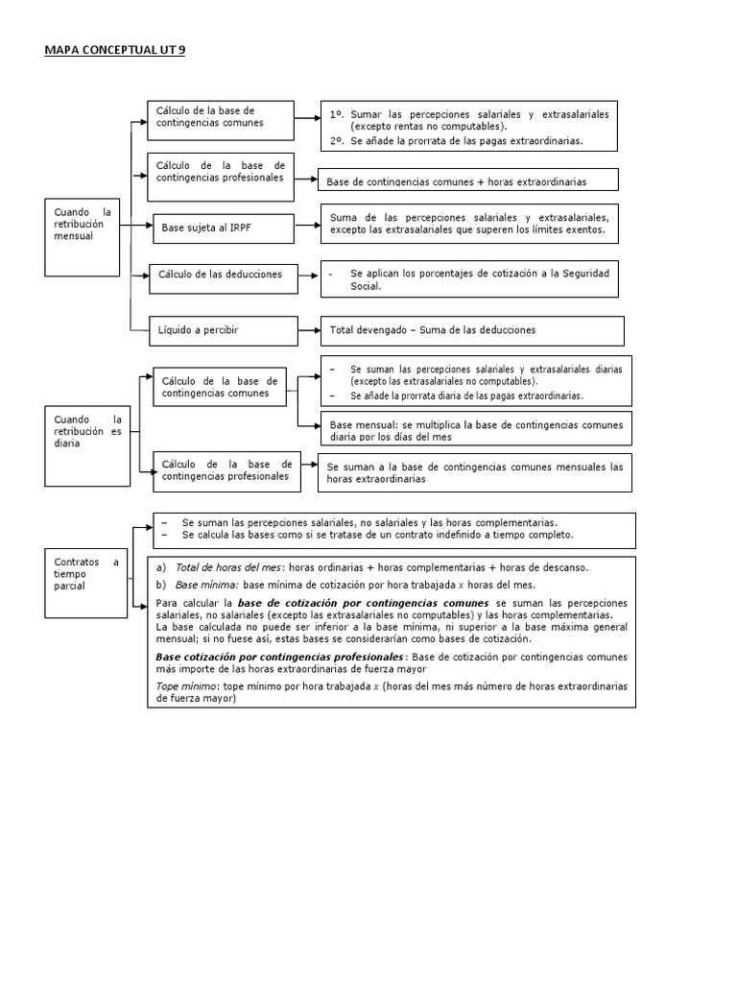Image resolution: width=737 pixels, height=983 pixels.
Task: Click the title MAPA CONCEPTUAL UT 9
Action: (x=114, y=49)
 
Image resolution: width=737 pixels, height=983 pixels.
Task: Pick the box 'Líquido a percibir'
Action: (x=222, y=329)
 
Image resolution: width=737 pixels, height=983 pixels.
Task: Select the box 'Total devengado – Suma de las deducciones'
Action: (x=471, y=330)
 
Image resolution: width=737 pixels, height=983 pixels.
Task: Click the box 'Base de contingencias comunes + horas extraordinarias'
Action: (x=468, y=180)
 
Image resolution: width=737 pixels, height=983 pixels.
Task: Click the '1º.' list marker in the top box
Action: (x=337, y=114)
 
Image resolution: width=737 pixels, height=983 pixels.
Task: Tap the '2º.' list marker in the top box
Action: (x=337, y=140)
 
